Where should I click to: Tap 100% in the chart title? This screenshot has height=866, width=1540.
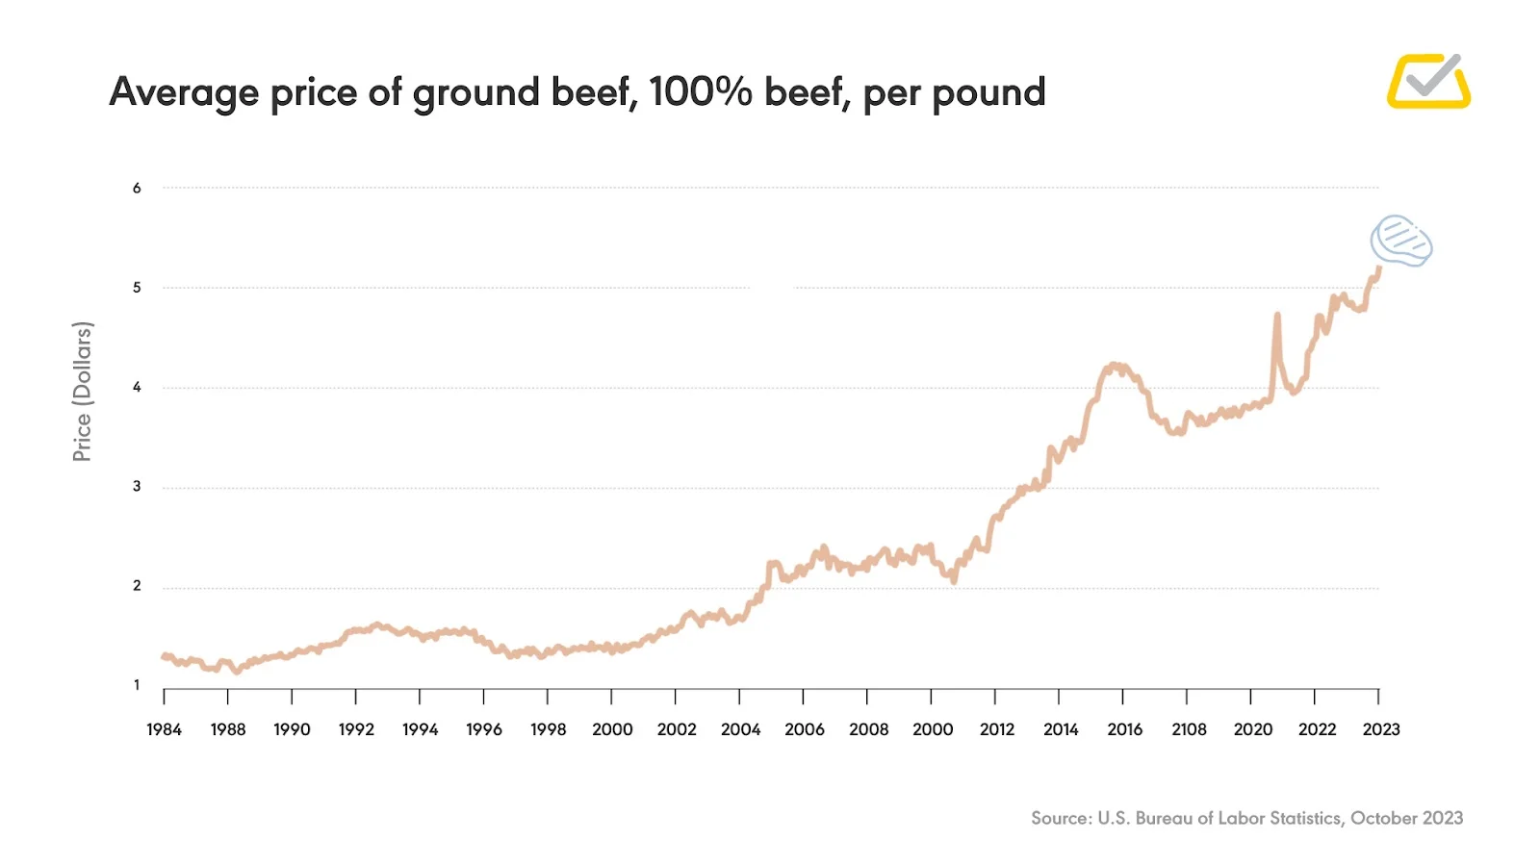pos(700,91)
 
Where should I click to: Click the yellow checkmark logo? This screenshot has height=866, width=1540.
pos(1428,81)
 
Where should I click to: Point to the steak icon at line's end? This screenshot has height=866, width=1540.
pos(1401,241)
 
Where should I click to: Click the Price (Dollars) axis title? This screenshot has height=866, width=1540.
pos(83,392)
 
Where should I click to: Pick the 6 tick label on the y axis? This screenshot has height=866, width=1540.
pos(137,189)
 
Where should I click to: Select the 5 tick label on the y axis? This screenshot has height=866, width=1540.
pos(137,288)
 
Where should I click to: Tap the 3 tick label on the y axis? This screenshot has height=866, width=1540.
pos(137,487)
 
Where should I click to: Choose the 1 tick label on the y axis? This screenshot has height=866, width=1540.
pos(137,685)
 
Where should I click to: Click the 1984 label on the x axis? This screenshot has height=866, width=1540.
pos(164,729)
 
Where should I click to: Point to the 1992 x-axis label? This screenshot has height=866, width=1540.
pos(356,729)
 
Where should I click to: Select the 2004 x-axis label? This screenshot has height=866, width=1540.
pos(740,729)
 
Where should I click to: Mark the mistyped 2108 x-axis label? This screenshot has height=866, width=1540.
pos(1189,729)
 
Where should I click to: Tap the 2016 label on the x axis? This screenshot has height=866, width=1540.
pos(1124,729)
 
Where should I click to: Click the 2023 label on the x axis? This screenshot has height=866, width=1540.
pos(1381,729)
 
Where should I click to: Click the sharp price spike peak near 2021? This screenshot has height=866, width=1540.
pos(1277,315)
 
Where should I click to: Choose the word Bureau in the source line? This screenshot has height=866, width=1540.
pos(1164,818)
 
